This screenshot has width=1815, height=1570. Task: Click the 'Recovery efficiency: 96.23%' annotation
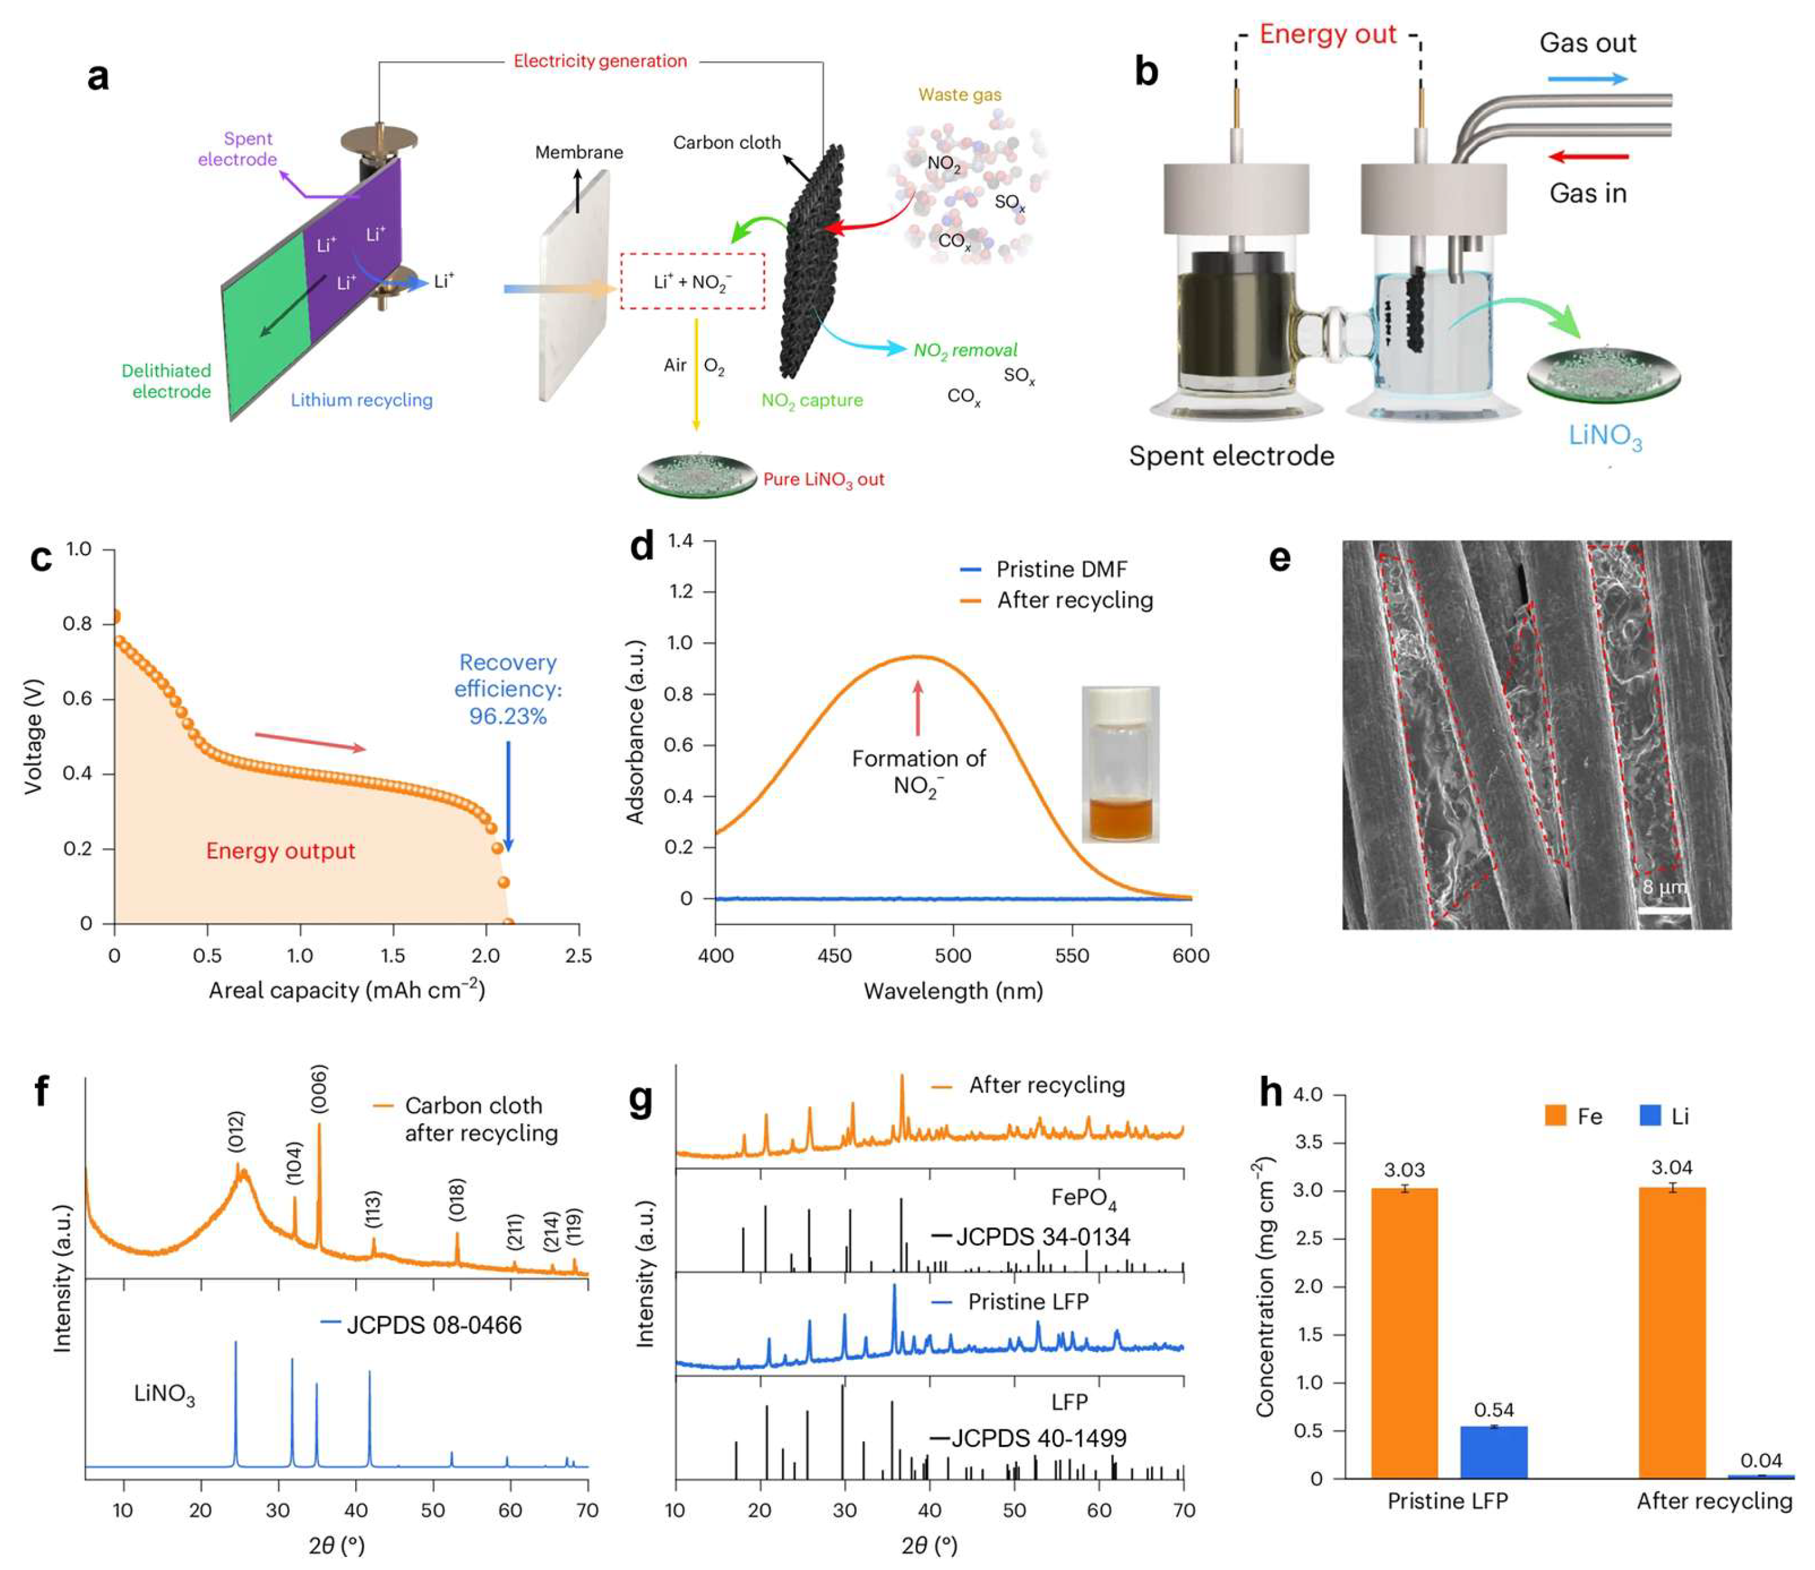[508, 689]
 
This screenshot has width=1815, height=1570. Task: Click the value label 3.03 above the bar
[1404, 1170]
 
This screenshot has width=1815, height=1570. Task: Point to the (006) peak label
[319, 1089]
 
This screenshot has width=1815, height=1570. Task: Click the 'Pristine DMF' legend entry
[1061, 569]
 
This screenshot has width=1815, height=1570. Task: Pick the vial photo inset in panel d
[1120, 764]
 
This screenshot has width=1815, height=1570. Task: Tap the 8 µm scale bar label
[1663, 887]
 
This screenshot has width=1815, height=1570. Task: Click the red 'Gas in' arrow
[1588, 158]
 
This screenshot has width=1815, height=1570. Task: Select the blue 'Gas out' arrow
[1587, 79]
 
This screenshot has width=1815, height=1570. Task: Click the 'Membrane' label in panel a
[579, 152]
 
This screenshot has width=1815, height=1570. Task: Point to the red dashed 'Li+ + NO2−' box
[692, 281]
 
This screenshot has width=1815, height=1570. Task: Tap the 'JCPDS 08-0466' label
[433, 1324]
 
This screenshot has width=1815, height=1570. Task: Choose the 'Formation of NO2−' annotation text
[918, 771]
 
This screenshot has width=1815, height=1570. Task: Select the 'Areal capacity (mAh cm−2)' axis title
[347, 990]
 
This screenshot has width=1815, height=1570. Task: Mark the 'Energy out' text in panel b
[1327, 35]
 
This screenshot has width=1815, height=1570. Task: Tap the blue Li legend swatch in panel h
[1649, 1116]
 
